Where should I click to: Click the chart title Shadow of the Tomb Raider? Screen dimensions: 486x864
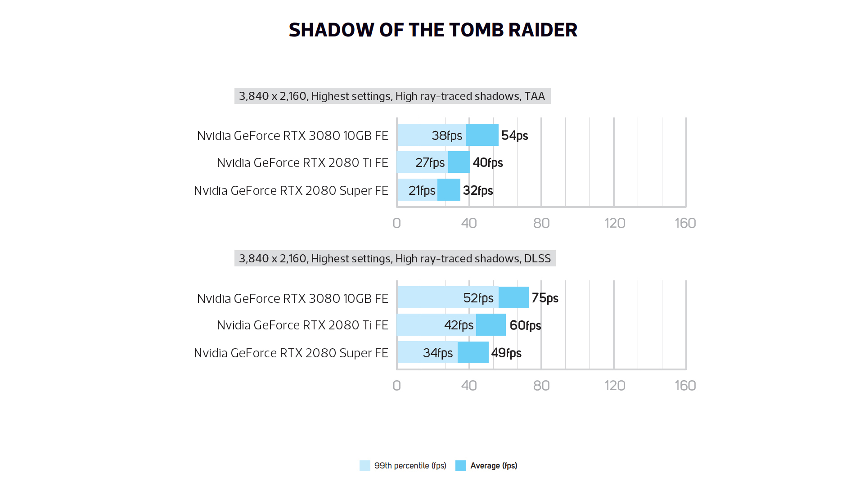click(432, 30)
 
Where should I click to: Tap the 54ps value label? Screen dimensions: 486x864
click(514, 135)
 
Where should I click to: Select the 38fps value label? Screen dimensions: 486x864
click(446, 135)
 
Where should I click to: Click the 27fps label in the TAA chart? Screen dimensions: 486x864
click(430, 162)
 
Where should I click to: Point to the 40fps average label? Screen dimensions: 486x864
click(488, 162)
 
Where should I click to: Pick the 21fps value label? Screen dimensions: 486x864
click(422, 190)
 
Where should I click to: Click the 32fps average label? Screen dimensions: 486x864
click(478, 190)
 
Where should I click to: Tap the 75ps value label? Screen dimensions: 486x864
click(544, 298)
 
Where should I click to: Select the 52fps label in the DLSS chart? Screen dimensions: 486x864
click(478, 298)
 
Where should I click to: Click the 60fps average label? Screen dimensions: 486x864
click(525, 325)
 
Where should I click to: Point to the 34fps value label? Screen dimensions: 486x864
click(437, 353)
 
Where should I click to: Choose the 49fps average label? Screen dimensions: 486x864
click(506, 353)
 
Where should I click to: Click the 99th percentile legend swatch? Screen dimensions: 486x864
click(365, 466)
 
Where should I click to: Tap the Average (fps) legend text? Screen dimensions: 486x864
click(494, 466)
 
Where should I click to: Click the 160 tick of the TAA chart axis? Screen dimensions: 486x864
click(685, 223)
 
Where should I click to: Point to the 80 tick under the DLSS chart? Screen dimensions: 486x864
click(541, 386)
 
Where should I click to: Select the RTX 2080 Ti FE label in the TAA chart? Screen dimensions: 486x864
click(302, 162)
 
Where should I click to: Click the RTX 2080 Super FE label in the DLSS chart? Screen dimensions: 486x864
click(291, 353)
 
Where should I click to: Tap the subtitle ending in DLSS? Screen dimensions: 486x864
click(395, 259)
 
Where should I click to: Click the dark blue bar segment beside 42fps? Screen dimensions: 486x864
click(491, 325)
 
